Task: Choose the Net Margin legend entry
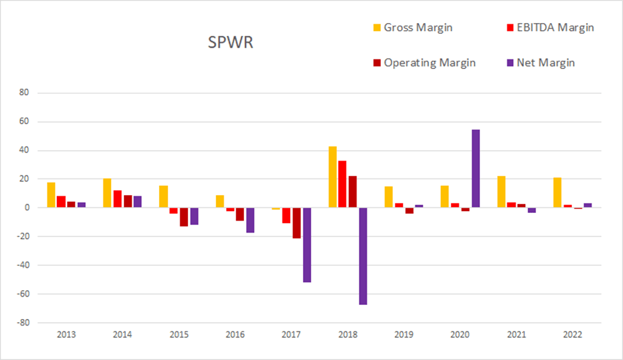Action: (541, 63)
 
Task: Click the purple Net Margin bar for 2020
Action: (475, 169)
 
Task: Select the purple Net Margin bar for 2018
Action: (363, 256)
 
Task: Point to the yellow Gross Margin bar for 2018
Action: (332, 177)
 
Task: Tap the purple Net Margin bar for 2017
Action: (307, 245)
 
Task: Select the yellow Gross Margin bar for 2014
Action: (107, 193)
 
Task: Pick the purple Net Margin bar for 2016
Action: (250, 220)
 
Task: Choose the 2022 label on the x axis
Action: (573, 334)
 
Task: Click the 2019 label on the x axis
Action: (404, 334)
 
